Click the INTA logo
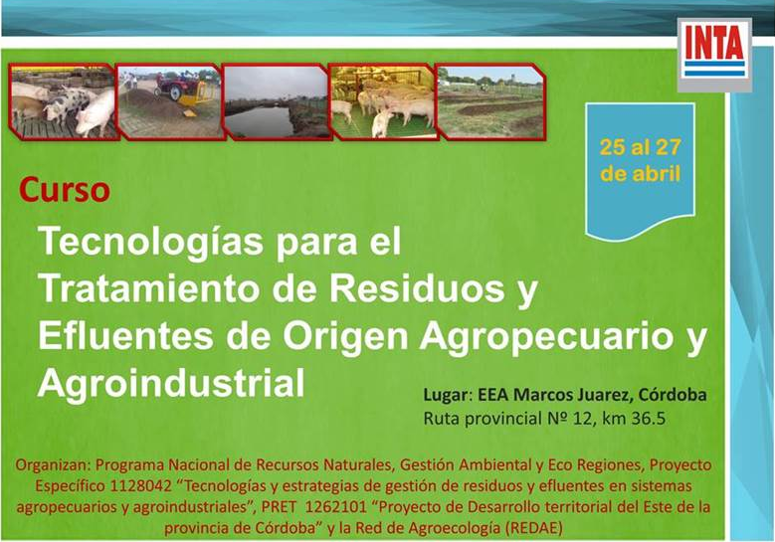point(714,55)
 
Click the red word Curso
point(65,190)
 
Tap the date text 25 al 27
point(640,147)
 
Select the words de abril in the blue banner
point(640,174)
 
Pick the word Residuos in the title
point(417,288)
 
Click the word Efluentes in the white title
point(126,335)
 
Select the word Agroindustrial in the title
point(171,383)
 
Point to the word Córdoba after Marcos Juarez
point(673,395)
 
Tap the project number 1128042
point(141,486)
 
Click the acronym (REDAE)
point(534,529)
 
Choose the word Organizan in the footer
point(54,465)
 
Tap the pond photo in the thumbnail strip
point(277,101)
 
